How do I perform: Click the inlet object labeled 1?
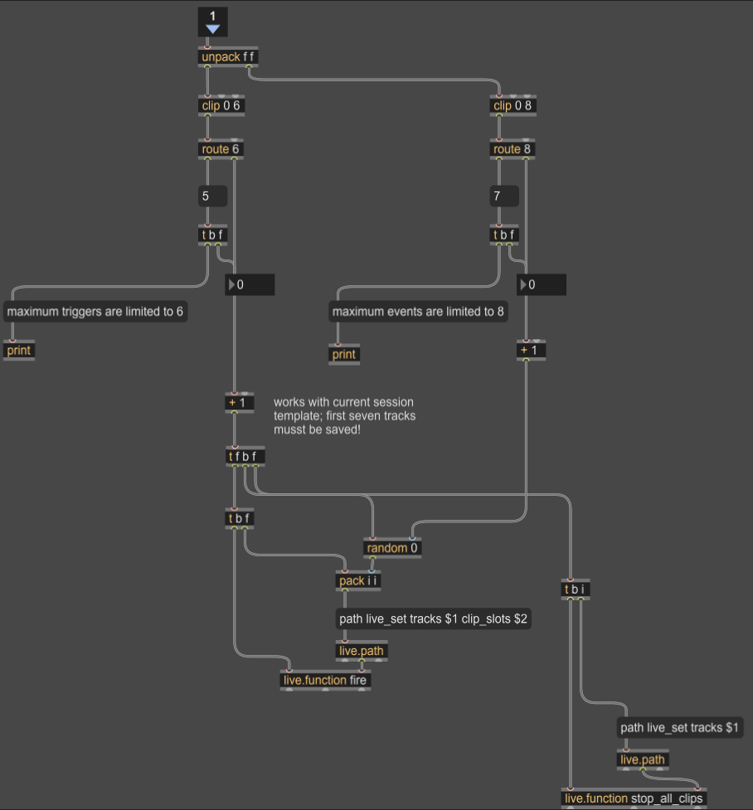[212, 22]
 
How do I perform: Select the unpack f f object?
[228, 57]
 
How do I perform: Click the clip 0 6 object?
[221, 105]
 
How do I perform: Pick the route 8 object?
[512, 149]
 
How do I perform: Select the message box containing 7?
[503, 196]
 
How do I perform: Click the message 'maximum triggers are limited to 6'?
[95, 312]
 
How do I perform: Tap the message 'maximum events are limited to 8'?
[418, 312]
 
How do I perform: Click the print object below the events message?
[343, 355]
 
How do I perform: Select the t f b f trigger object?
[246, 456]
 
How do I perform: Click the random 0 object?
[392, 548]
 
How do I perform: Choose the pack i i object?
[358, 580]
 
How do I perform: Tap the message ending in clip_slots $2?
[432, 618]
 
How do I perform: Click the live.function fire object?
[325, 681]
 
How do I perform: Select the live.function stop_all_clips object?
[634, 798]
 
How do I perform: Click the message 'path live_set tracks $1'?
[681, 728]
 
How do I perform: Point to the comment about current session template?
[344, 416]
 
